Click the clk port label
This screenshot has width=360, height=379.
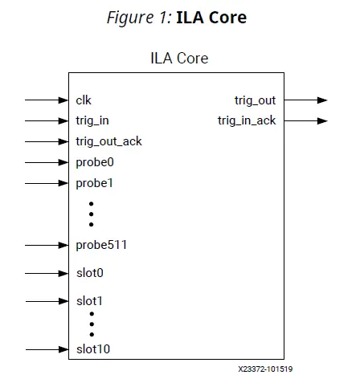coord(83,100)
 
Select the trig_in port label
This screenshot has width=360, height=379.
coord(92,121)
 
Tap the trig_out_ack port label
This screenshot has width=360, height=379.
coord(108,142)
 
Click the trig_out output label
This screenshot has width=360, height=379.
coord(255,100)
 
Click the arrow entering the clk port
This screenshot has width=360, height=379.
coord(47,100)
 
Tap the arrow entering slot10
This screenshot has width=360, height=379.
coord(47,349)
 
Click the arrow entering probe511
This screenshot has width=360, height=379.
coord(47,244)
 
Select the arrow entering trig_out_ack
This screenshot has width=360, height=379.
coord(47,142)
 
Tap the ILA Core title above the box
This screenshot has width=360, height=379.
coord(180,58)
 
